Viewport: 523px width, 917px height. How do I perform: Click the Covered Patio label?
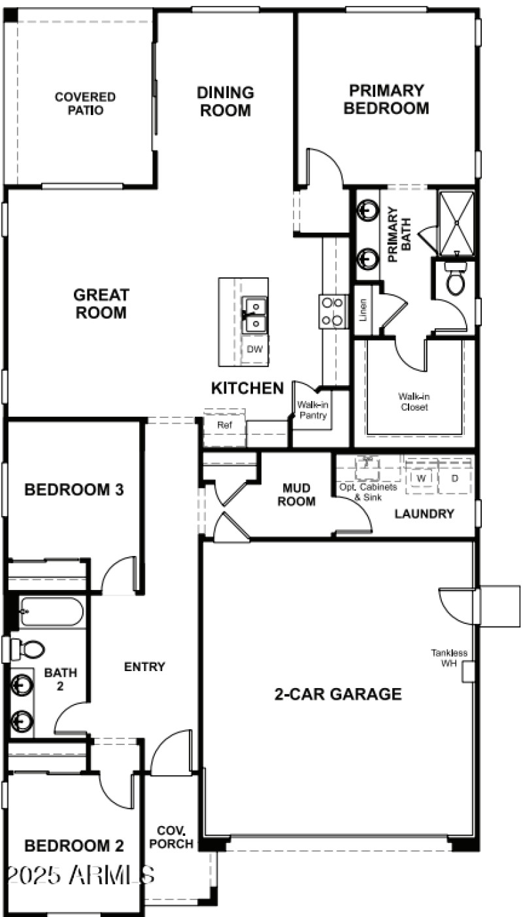pyautogui.click(x=85, y=103)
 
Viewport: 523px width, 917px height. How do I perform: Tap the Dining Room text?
pyautogui.click(x=225, y=101)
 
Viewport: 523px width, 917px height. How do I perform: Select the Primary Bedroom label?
pyautogui.click(x=386, y=99)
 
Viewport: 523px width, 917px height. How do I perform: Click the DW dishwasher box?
pyautogui.click(x=255, y=349)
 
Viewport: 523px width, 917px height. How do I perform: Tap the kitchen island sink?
pyautogui.click(x=254, y=313)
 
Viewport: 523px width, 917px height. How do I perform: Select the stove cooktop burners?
pyautogui.click(x=333, y=311)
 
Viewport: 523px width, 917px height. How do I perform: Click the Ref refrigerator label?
pyautogui.click(x=225, y=425)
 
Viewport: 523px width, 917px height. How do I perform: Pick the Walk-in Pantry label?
pyautogui.click(x=312, y=410)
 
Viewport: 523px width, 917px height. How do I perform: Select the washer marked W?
pyautogui.click(x=422, y=478)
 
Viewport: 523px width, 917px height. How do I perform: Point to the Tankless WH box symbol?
pyautogui.click(x=467, y=672)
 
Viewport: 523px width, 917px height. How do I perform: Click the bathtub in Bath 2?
pyautogui.click(x=51, y=612)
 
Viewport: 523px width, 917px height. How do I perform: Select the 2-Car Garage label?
pyautogui.click(x=337, y=694)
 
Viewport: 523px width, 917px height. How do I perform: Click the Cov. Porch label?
pyautogui.click(x=171, y=838)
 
